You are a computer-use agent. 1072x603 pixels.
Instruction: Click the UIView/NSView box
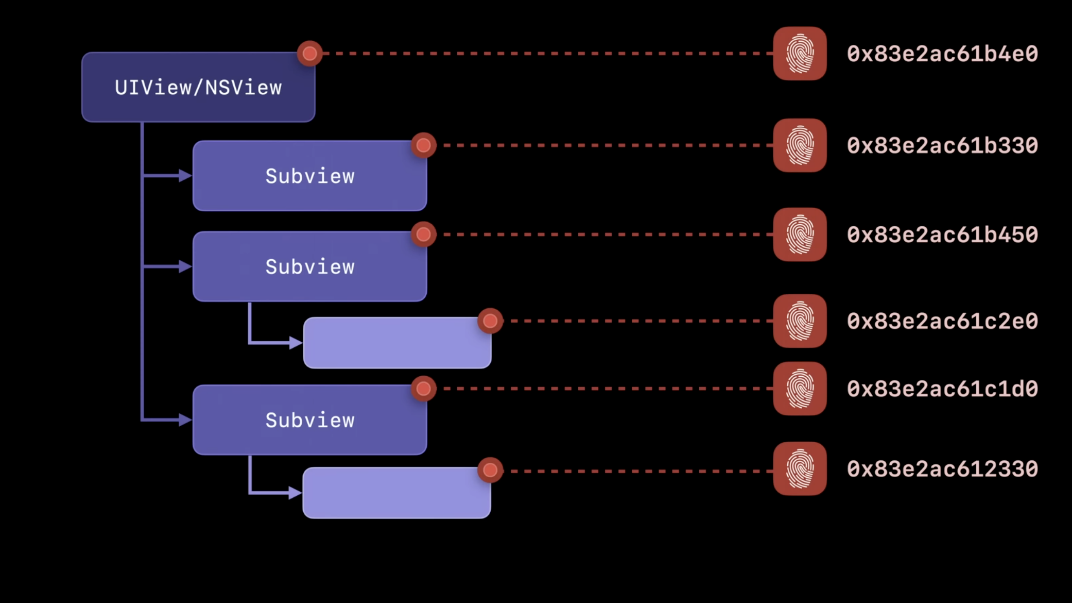[198, 87]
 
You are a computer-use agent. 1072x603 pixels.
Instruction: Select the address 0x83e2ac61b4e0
[942, 54]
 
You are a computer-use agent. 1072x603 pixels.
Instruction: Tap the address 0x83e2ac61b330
[942, 145]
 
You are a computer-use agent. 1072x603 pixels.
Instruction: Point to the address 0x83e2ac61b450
[942, 234]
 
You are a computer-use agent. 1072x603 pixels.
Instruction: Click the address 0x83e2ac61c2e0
[942, 321]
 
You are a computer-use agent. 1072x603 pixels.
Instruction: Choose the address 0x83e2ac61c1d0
[942, 389]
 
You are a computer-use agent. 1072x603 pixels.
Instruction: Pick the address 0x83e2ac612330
[942, 469]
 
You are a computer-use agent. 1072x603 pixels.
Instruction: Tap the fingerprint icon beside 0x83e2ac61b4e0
[800, 54]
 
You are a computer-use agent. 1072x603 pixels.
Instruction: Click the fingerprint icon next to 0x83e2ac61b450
[800, 234]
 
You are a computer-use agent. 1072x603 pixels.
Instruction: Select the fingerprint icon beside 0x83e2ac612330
[800, 469]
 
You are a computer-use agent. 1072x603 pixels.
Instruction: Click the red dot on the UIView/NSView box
[310, 53]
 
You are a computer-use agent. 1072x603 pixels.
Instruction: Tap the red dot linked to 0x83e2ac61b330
[424, 145]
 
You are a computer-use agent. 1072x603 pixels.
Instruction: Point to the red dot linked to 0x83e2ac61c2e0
[490, 321]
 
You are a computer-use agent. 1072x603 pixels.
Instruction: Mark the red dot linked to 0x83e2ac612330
[490, 470]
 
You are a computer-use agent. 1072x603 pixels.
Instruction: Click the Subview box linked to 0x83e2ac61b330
[309, 176]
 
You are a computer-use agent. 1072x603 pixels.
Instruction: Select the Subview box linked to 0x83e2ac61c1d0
[309, 420]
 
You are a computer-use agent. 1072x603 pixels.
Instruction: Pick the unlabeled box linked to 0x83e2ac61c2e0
[397, 343]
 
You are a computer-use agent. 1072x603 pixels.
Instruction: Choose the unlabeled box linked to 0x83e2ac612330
[396, 493]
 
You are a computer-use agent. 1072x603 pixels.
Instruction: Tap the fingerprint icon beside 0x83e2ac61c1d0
[800, 389]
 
